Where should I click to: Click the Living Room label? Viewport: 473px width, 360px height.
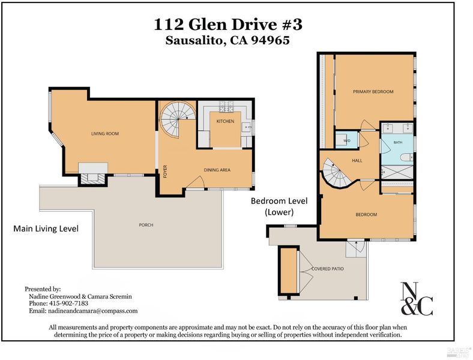point(105,134)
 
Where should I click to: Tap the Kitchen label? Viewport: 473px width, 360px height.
point(225,121)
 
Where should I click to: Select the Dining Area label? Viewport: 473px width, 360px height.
point(217,170)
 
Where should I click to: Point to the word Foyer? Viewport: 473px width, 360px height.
point(165,172)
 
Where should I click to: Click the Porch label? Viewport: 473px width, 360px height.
point(146,225)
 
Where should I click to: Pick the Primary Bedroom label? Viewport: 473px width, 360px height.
point(373,92)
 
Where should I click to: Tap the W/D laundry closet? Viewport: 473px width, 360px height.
point(347,140)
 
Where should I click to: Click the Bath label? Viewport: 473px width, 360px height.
point(398,142)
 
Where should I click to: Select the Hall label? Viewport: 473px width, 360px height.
point(357,161)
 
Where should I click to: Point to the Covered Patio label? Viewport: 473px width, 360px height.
point(328,269)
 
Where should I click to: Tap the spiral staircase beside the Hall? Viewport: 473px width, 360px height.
point(337,173)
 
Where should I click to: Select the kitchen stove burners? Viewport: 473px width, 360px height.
point(226,106)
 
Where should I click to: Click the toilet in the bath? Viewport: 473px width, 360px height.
point(406,157)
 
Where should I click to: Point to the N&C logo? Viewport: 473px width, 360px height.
point(417,299)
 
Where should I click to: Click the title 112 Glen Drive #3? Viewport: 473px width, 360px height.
point(227,25)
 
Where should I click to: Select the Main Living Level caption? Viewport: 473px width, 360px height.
point(46,229)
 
